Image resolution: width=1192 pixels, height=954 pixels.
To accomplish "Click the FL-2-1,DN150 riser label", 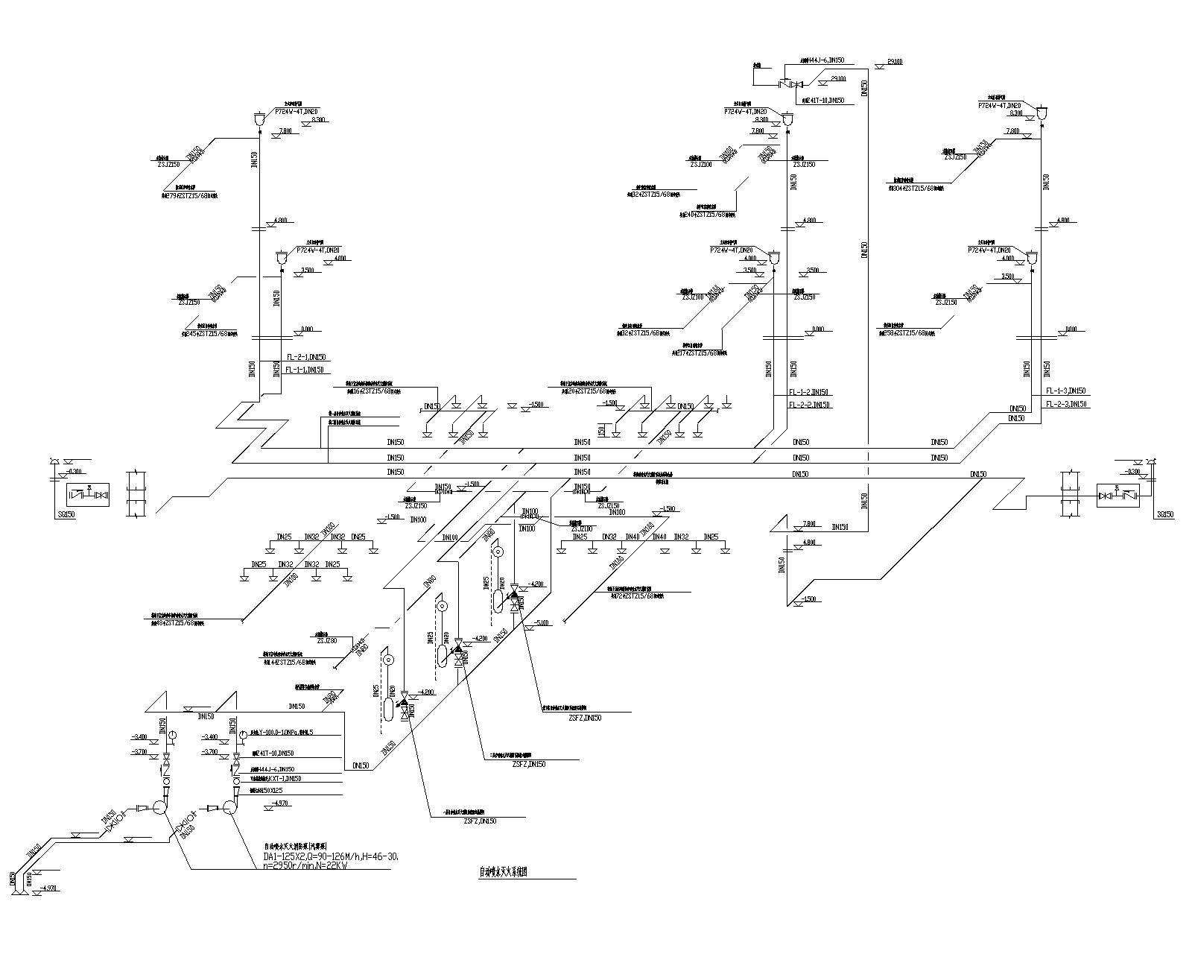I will (x=305, y=358).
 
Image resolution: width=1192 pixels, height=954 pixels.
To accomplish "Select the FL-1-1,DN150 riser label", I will (x=305, y=370).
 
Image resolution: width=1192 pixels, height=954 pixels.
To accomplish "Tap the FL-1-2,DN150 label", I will (x=810, y=392).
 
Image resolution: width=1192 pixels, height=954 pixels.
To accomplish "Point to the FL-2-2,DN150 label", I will (x=810, y=405).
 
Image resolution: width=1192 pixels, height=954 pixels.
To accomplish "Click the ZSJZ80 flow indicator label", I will (x=327, y=640).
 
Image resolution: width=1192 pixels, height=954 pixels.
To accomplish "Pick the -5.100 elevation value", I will (x=541, y=623).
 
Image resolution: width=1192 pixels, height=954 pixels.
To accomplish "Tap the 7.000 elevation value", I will (x=809, y=523).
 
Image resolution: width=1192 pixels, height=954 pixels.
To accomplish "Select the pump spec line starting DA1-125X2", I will (x=331, y=857).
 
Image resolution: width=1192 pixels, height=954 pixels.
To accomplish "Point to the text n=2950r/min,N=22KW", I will (x=305, y=866).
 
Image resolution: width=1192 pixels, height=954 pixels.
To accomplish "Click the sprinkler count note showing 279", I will (x=189, y=196).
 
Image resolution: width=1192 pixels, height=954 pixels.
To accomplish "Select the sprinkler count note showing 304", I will (x=916, y=189).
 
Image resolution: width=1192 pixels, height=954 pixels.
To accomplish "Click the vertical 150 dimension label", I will (x=600, y=431).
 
